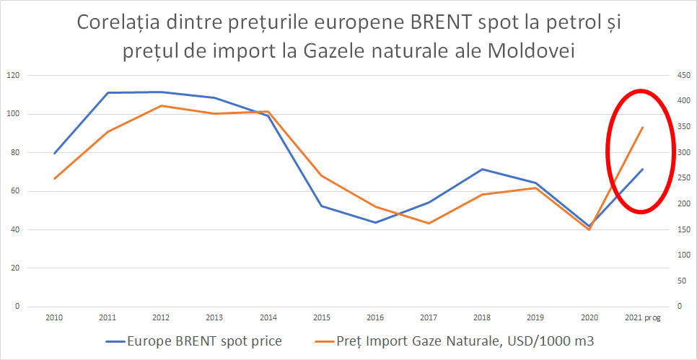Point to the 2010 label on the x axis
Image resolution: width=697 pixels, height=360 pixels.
point(54,317)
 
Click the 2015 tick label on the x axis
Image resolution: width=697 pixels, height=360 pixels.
point(322,317)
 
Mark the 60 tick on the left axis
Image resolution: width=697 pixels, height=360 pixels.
point(15,191)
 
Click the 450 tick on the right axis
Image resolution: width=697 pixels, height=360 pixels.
point(680,76)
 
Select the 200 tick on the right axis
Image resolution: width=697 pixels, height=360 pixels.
point(680,204)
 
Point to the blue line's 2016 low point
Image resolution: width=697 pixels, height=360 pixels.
point(375,222)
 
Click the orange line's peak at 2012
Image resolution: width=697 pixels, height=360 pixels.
point(161,106)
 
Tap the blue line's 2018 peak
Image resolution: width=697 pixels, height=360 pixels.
point(482,170)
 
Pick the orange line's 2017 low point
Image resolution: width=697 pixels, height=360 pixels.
point(429,223)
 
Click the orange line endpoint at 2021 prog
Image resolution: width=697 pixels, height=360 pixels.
point(642,128)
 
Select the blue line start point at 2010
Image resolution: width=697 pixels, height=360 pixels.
point(54,153)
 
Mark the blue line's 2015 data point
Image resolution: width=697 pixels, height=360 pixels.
point(322,206)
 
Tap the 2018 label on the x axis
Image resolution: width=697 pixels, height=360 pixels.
point(482,317)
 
